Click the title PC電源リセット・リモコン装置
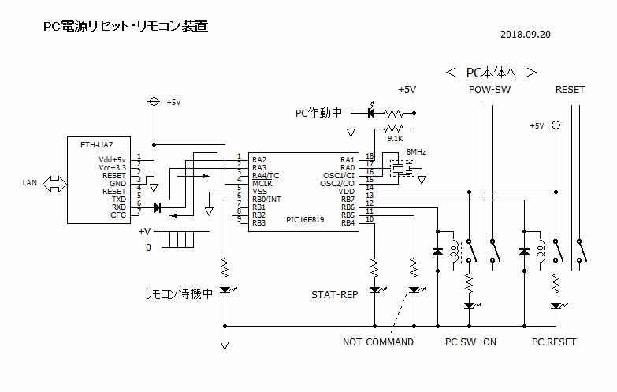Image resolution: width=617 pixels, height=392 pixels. [125, 26]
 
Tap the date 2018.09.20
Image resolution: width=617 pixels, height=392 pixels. [525, 35]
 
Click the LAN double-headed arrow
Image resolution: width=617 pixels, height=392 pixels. [55, 183]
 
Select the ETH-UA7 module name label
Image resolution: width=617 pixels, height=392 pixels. [96, 145]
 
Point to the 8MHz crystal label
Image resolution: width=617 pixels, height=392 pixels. [416, 152]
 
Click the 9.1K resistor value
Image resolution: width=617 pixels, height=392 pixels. [395, 139]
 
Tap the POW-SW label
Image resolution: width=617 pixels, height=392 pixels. [489, 90]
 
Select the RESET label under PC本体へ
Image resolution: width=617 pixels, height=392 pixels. [570, 90]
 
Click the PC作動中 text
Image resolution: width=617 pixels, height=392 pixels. [318, 113]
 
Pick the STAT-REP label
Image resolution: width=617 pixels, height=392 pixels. [335, 295]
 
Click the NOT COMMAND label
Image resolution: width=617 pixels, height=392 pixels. [378, 342]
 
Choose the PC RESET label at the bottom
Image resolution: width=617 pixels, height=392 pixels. [554, 342]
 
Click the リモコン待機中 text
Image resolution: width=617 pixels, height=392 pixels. [179, 293]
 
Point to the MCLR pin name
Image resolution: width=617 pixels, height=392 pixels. [262, 183]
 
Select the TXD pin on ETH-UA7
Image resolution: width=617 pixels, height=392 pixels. [118, 199]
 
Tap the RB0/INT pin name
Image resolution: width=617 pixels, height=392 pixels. [268, 199]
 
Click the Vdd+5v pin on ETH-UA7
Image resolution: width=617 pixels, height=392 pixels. [112, 159]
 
